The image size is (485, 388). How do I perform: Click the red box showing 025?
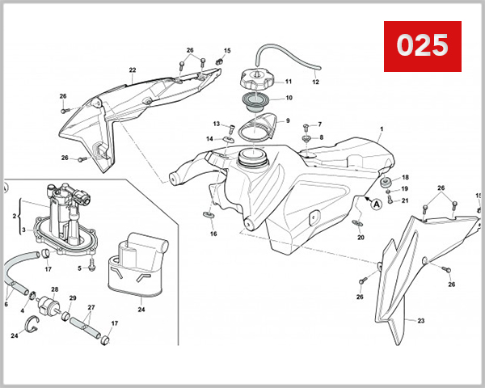click(x=421, y=44)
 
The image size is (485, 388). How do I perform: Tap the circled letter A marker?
click(x=376, y=205)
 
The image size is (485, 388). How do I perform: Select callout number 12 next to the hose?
click(x=315, y=82)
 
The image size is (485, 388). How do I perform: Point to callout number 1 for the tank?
click(x=382, y=130)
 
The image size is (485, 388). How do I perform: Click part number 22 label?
click(x=132, y=70)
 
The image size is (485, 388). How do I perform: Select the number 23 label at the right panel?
click(x=420, y=321)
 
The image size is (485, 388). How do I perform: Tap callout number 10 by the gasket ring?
click(x=288, y=99)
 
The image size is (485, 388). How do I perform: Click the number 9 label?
click(x=287, y=120)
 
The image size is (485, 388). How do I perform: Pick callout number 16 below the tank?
click(x=213, y=234)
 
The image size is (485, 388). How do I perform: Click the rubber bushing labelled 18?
click(x=387, y=179)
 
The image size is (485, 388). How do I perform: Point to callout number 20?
click(x=361, y=237)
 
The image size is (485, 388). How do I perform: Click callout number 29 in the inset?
click(x=72, y=299)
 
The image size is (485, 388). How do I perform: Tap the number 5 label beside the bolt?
click(x=80, y=268)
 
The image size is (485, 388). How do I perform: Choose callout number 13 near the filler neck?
click(x=217, y=124)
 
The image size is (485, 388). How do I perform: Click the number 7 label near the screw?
click(x=319, y=124)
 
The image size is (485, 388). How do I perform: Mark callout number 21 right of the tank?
click(x=405, y=200)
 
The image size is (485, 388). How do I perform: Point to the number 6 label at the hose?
click(x=6, y=305)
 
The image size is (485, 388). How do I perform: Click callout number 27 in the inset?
click(x=91, y=308)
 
